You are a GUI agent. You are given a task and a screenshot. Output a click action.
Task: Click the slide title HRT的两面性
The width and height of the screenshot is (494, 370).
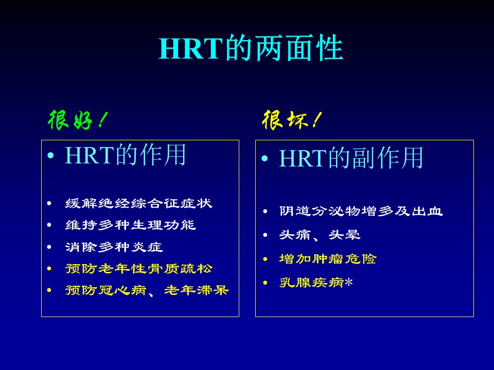click(251, 48)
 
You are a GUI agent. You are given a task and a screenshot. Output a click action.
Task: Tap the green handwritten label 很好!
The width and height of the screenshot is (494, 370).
click(78, 120)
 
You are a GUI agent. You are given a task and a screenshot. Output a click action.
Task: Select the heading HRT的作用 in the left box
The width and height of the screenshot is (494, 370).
click(126, 155)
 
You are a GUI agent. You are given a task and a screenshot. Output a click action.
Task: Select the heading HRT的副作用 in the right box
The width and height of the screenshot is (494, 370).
click(351, 158)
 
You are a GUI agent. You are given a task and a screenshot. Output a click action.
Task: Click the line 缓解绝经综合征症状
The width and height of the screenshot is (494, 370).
click(138, 203)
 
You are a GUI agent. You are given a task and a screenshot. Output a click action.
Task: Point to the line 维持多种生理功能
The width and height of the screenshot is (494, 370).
click(130, 225)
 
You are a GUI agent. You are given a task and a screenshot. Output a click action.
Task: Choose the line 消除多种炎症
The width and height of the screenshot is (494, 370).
click(114, 247)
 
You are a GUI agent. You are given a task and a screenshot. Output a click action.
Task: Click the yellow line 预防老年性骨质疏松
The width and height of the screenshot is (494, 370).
click(138, 269)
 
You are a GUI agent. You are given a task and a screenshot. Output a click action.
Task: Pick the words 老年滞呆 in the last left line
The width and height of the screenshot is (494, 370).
click(196, 290)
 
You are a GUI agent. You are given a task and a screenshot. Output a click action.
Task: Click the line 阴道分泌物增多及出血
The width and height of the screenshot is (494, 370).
click(361, 211)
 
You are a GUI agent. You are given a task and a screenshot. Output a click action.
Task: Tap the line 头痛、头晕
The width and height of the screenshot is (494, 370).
click(320, 235)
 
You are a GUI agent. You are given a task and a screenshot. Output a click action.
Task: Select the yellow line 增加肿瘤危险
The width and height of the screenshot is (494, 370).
click(328, 259)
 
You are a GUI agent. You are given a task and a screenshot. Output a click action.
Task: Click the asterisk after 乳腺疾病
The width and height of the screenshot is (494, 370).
click(349, 282)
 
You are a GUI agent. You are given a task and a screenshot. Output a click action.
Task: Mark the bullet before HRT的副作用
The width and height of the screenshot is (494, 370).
click(264, 158)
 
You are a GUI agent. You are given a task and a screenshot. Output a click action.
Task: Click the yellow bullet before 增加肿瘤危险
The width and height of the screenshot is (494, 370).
click(266, 259)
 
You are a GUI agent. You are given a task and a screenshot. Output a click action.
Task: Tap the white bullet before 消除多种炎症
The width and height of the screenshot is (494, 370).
click(49, 247)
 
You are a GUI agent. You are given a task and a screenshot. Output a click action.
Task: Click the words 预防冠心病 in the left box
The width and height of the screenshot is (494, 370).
click(105, 290)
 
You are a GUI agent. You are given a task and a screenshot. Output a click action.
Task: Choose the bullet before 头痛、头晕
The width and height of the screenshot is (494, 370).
click(266, 235)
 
